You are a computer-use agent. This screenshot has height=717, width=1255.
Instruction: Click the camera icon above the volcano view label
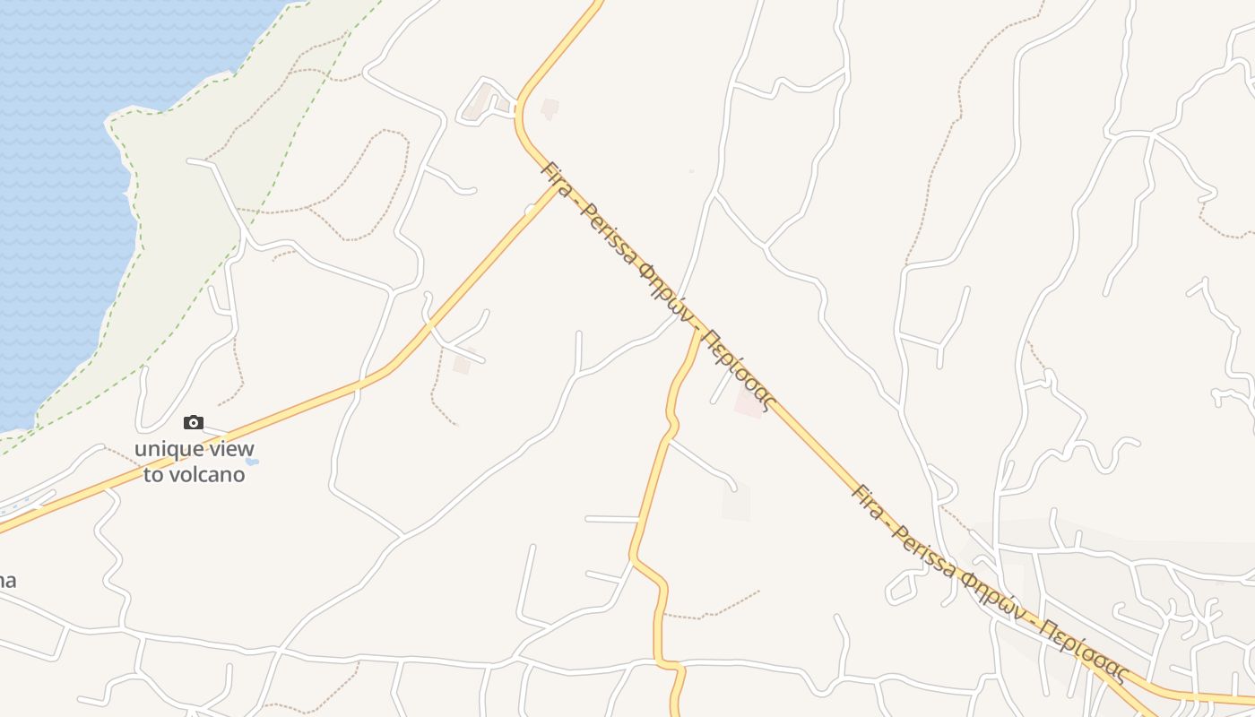194,422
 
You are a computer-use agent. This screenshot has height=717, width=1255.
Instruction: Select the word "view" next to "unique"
232,449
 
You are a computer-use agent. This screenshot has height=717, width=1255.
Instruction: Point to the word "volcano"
207,474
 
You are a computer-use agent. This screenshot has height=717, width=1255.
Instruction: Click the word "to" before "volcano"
153,474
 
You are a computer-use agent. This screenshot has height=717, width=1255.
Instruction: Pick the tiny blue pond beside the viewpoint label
252,462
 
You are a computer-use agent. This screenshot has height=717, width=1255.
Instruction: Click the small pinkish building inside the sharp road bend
550,108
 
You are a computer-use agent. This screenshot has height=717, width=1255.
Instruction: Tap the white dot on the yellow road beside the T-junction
531,210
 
